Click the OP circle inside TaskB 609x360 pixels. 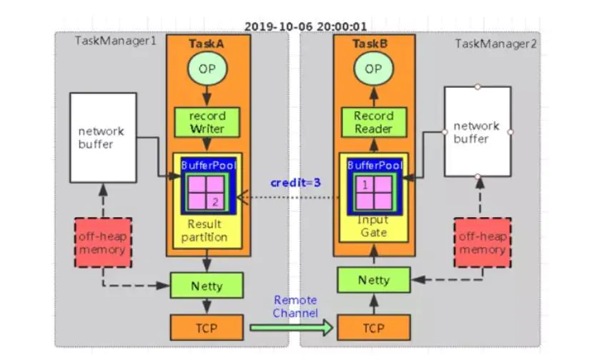[x=373, y=69]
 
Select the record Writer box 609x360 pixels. [x=207, y=121]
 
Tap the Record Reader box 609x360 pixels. [x=374, y=122]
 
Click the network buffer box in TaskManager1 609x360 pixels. [x=103, y=136]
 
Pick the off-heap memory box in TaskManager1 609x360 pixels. [x=102, y=243]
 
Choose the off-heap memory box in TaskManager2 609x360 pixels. [x=482, y=243]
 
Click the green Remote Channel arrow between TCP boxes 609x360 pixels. [x=292, y=328]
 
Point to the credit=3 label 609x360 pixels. [x=295, y=183]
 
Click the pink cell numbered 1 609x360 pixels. [x=366, y=185]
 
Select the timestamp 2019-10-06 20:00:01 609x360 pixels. [x=305, y=26]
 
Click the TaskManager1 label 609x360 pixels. [x=115, y=41]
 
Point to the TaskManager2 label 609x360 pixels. [x=495, y=44]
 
